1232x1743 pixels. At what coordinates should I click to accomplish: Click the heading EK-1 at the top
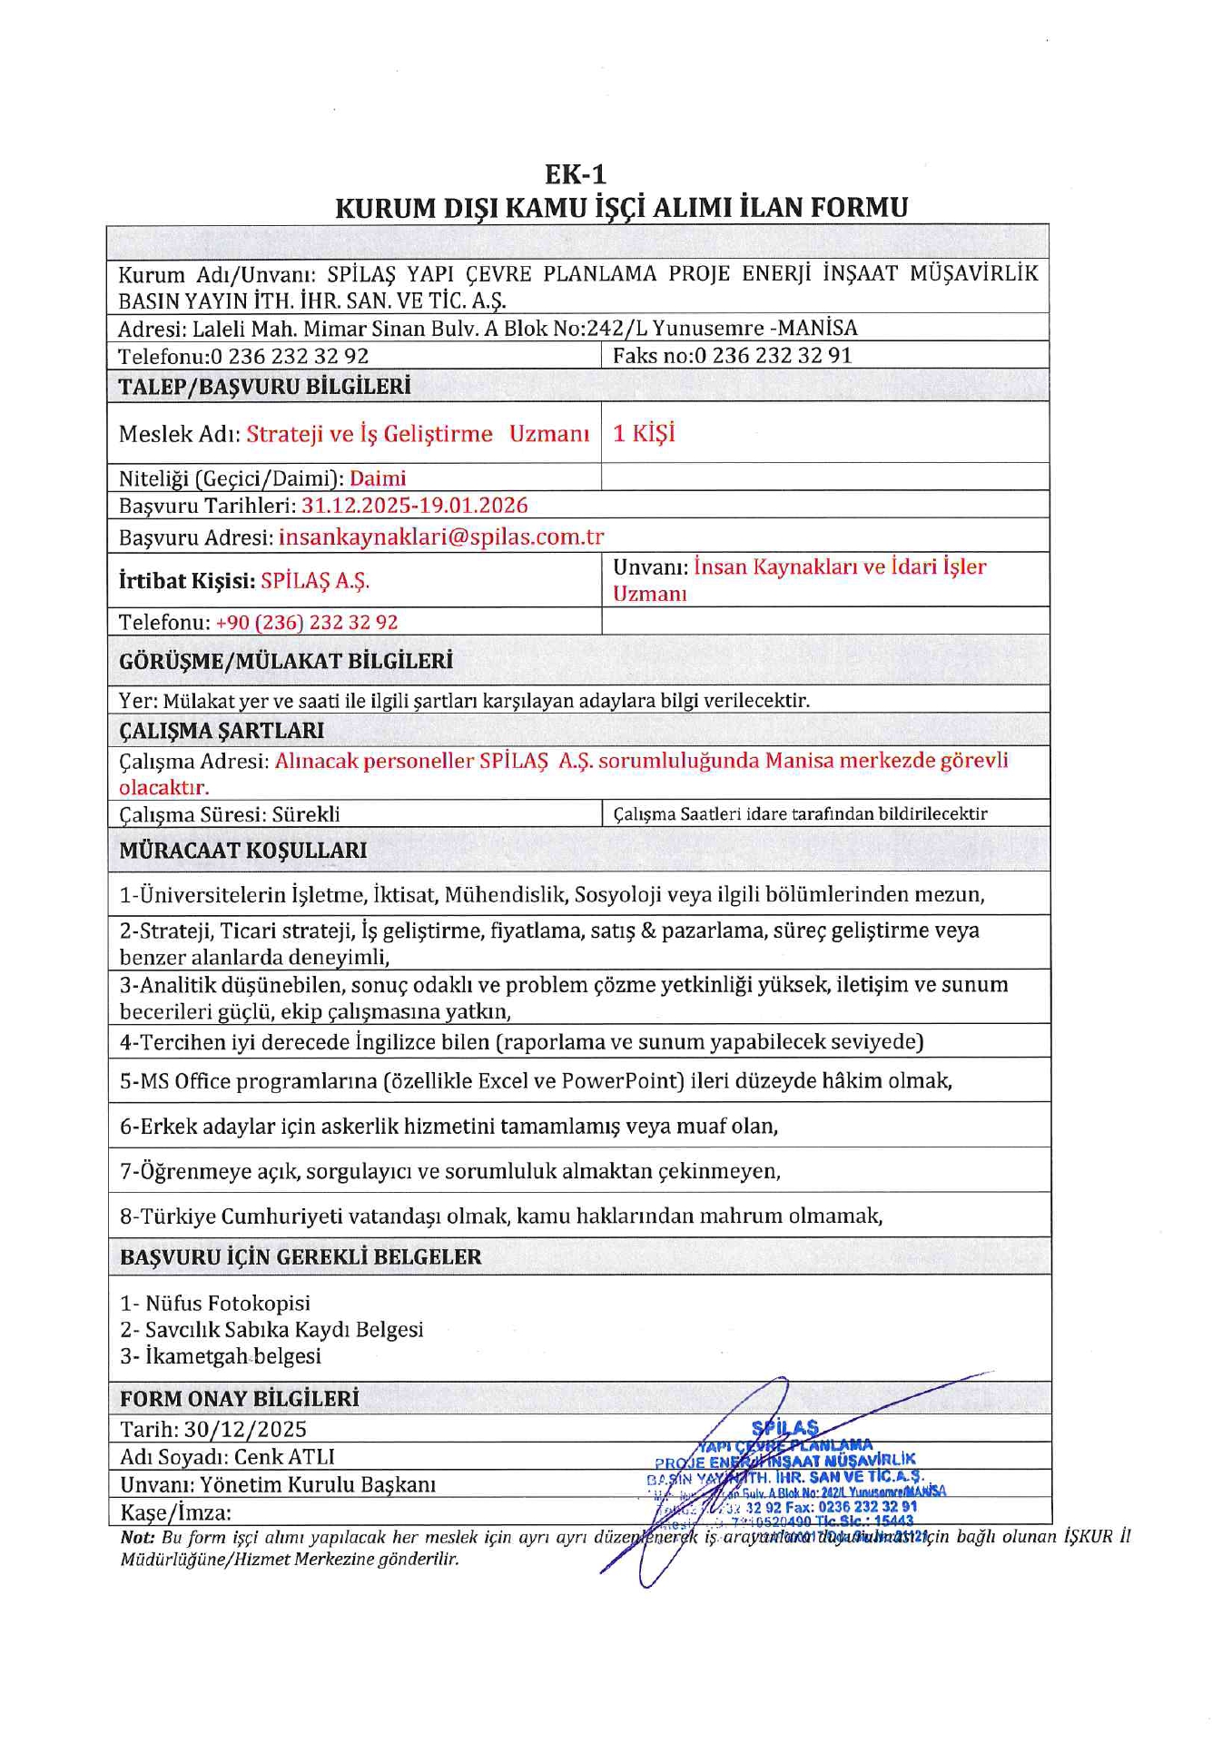click(575, 173)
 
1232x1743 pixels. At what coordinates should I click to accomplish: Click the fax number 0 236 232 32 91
click(773, 355)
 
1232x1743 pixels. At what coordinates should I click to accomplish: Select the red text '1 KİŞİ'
click(644, 433)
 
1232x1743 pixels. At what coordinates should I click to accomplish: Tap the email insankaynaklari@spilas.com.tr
click(441, 537)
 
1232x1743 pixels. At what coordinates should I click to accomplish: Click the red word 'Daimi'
click(378, 478)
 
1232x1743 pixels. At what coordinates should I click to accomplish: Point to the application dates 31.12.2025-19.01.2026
click(414, 505)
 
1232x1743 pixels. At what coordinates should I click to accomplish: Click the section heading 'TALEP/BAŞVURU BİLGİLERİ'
click(264, 387)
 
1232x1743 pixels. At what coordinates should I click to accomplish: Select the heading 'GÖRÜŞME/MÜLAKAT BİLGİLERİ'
click(286, 661)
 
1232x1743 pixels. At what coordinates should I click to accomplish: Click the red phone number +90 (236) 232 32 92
click(307, 622)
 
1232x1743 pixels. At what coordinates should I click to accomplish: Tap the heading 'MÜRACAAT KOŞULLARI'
click(243, 851)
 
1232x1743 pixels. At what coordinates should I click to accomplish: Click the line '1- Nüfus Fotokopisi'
click(215, 1303)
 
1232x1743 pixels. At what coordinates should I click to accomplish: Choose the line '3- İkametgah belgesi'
click(221, 1356)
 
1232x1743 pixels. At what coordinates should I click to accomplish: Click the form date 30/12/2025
click(245, 1429)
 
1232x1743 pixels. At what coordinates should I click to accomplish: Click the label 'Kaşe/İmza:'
click(175, 1512)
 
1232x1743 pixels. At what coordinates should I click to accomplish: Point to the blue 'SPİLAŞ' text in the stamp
click(785, 1427)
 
